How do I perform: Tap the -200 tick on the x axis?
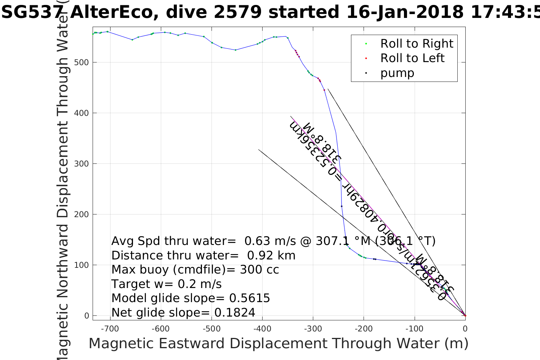(363, 329)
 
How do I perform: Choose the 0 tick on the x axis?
(465, 329)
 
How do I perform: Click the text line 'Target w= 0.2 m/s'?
(166, 284)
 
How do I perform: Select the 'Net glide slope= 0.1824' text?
(183, 313)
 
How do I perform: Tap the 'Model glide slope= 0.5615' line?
(191, 298)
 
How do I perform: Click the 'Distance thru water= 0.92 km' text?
(203, 256)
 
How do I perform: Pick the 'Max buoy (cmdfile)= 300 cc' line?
(195, 270)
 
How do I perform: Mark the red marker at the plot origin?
(465, 315)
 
